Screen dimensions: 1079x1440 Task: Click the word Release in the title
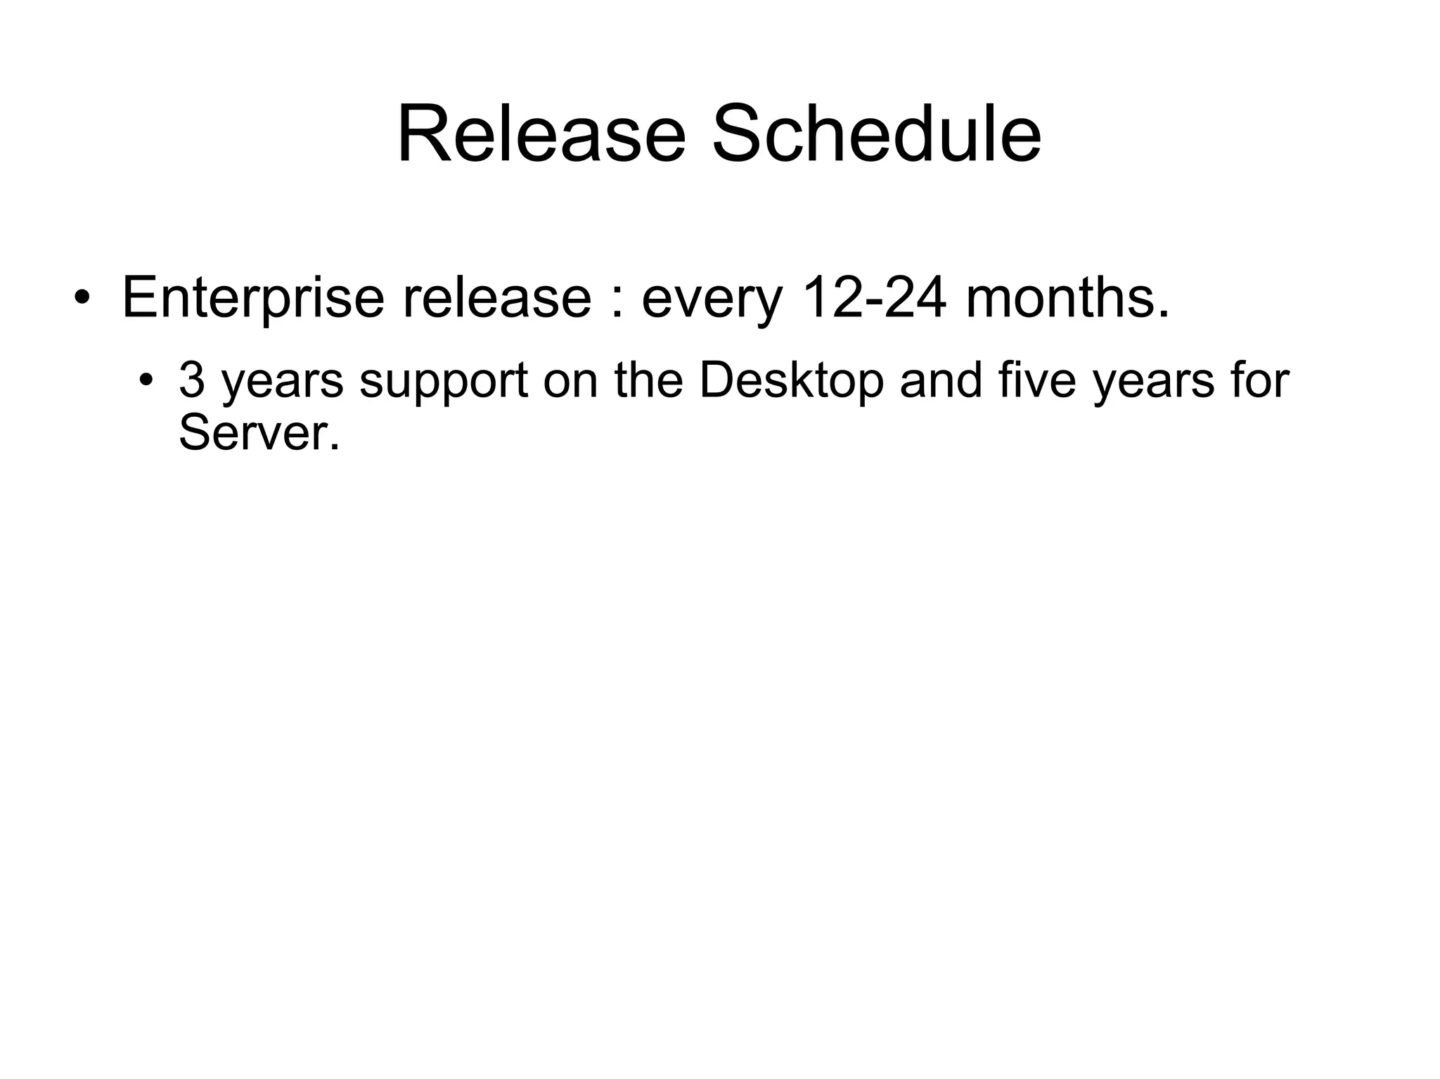(x=541, y=134)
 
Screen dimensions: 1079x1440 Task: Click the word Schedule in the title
(x=876, y=134)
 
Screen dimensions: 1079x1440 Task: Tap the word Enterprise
(x=253, y=297)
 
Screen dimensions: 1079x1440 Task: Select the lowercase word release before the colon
(x=496, y=297)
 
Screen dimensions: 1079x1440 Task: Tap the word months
(x=1067, y=297)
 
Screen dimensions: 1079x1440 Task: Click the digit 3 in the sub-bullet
(x=191, y=380)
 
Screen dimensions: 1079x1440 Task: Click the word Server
(x=258, y=433)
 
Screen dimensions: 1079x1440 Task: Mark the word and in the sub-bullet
(x=941, y=380)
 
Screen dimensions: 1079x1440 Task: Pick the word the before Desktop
(x=648, y=380)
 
